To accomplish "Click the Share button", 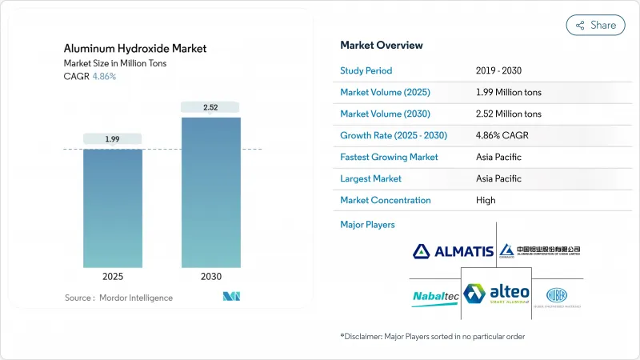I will pos(596,25).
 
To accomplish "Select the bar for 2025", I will pos(113,208).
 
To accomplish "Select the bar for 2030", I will pos(210,192).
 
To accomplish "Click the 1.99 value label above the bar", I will pos(113,139).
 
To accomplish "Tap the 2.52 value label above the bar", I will pos(210,107).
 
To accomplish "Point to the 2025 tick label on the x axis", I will pos(113,276).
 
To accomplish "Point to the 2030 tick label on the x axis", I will pos(210,276).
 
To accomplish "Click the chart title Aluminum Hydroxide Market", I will pos(135,49).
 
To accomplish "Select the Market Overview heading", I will pos(382,45).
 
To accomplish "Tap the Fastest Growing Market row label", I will pos(389,157).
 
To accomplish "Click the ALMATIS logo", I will pos(453,251).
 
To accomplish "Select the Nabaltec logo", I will pos(434,296).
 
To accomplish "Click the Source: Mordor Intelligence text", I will pos(118,298).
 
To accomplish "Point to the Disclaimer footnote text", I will pos(432,336).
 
